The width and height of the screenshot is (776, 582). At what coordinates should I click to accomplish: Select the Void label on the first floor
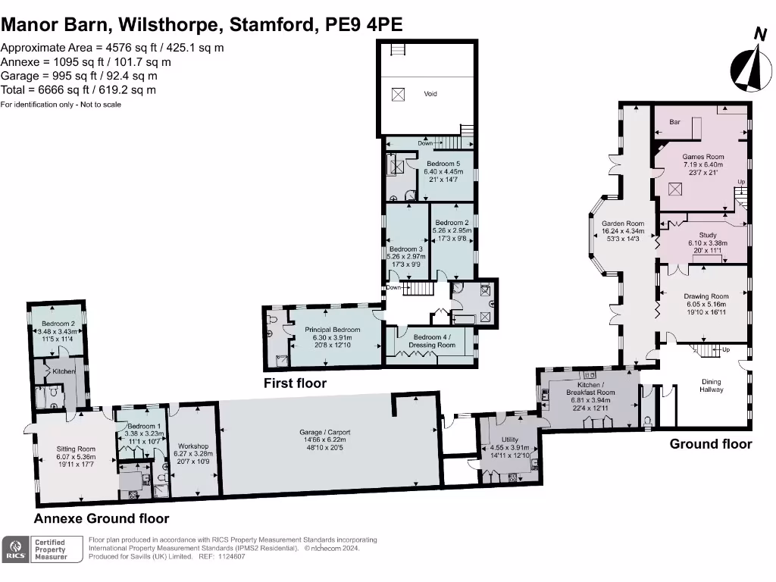point(430,94)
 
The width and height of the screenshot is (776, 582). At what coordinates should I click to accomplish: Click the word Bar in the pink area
point(674,122)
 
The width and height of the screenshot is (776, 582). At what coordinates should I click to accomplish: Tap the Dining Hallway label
point(711,386)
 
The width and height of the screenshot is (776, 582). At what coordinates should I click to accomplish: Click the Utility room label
point(509,440)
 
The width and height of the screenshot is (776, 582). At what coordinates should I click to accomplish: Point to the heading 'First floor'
point(295,383)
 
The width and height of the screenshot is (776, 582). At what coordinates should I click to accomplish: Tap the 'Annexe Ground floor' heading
point(101,519)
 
